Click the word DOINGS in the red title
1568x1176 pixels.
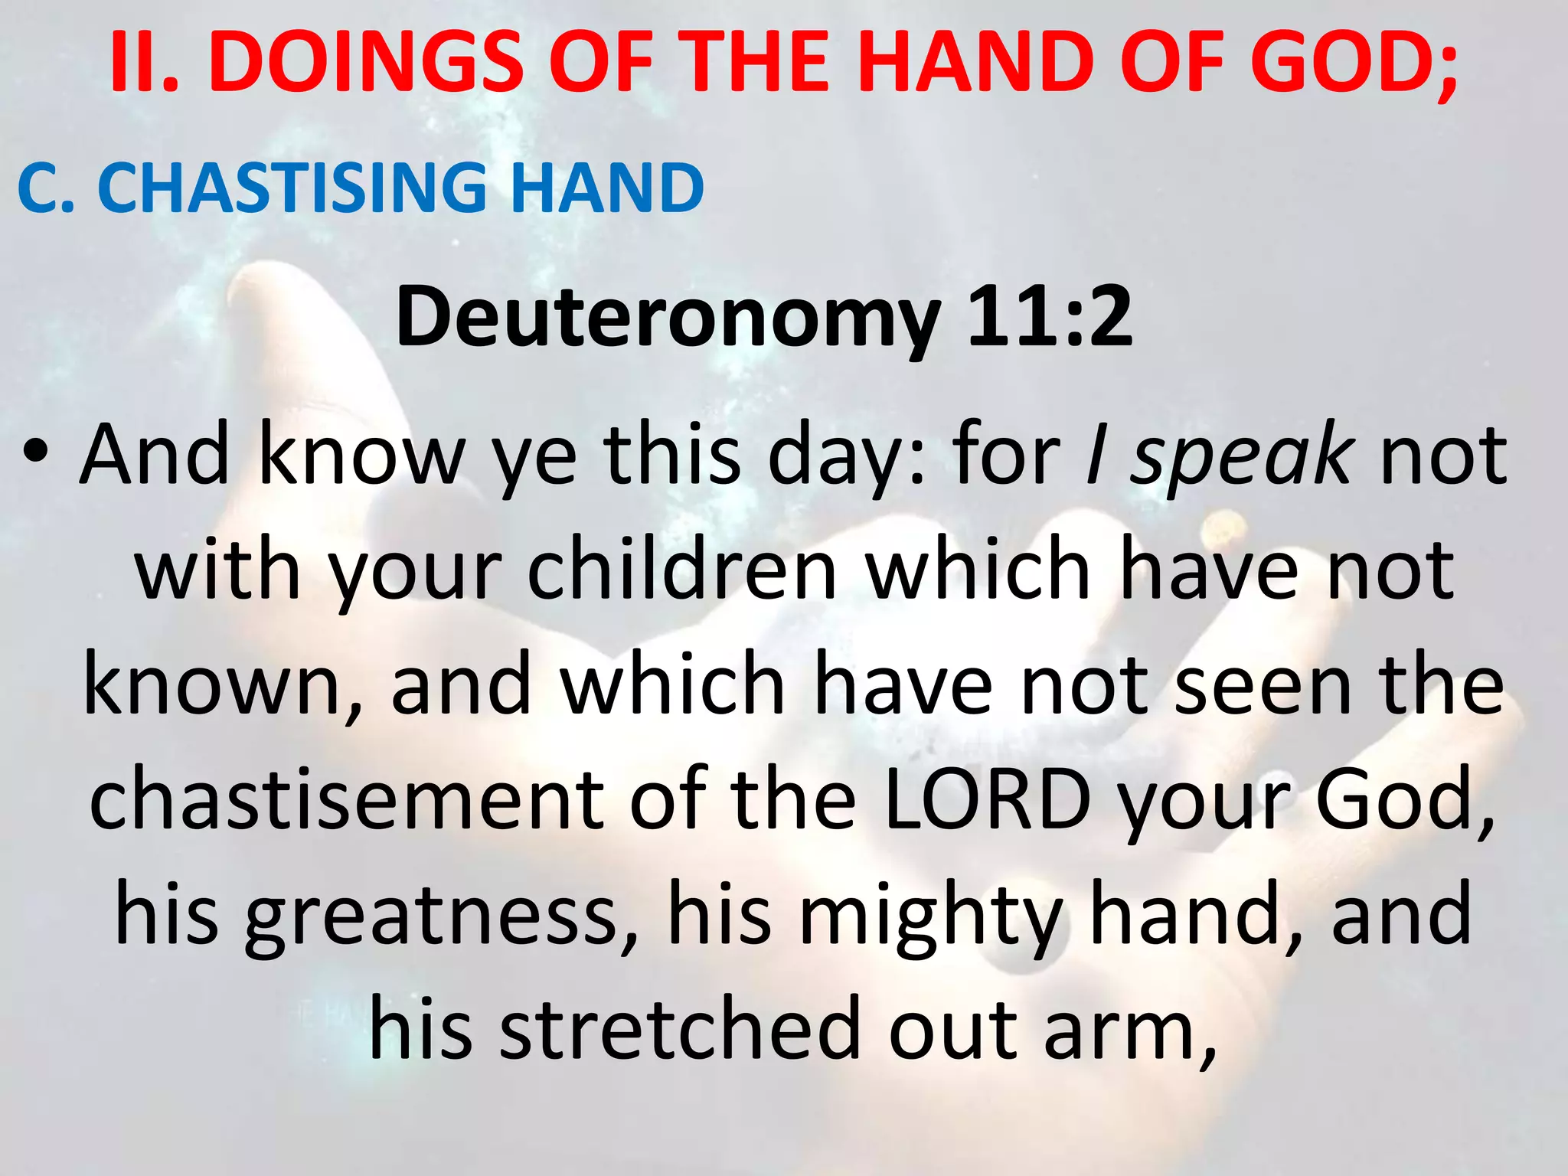[365, 63]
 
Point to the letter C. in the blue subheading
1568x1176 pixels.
[46, 188]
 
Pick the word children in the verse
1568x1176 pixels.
[682, 570]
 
